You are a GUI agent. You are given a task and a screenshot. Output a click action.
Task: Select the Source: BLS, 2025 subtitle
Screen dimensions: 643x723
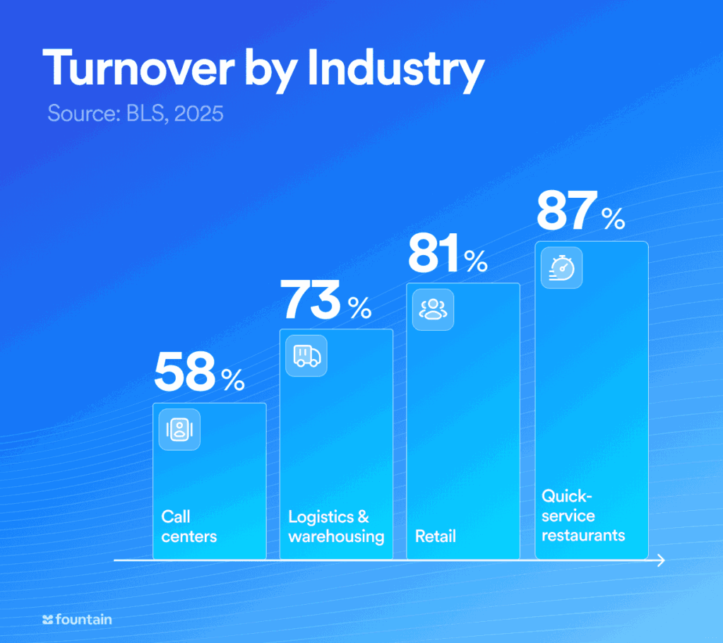pyautogui.click(x=135, y=113)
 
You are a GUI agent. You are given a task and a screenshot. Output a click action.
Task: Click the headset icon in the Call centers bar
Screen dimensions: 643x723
pyautogui.click(x=179, y=430)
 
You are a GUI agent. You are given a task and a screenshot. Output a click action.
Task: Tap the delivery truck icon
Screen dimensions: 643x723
pyautogui.click(x=306, y=355)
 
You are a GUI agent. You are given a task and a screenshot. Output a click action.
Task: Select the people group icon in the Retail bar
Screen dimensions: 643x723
pyautogui.click(x=433, y=309)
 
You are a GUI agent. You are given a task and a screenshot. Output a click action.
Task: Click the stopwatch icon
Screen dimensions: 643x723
pyautogui.click(x=562, y=268)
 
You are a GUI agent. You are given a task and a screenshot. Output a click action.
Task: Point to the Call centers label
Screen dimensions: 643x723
pyautogui.click(x=189, y=526)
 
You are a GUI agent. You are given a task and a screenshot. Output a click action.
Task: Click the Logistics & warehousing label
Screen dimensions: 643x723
pyautogui.click(x=336, y=526)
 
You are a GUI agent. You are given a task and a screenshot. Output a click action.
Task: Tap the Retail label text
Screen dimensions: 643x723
pyautogui.click(x=436, y=536)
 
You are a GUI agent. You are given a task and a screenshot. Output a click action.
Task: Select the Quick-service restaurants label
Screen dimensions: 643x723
pyautogui.click(x=583, y=515)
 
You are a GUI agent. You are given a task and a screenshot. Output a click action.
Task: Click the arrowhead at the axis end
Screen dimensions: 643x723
pyautogui.click(x=661, y=560)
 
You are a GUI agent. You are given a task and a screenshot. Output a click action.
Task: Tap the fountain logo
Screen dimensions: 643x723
pyautogui.click(x=77, y=620)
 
